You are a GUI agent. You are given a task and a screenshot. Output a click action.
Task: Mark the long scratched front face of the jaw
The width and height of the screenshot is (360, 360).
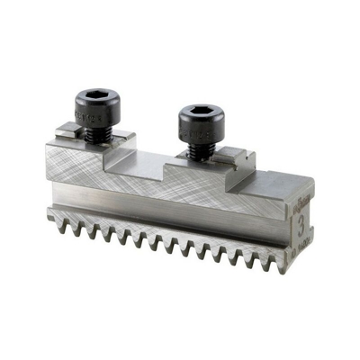(162, 184)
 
